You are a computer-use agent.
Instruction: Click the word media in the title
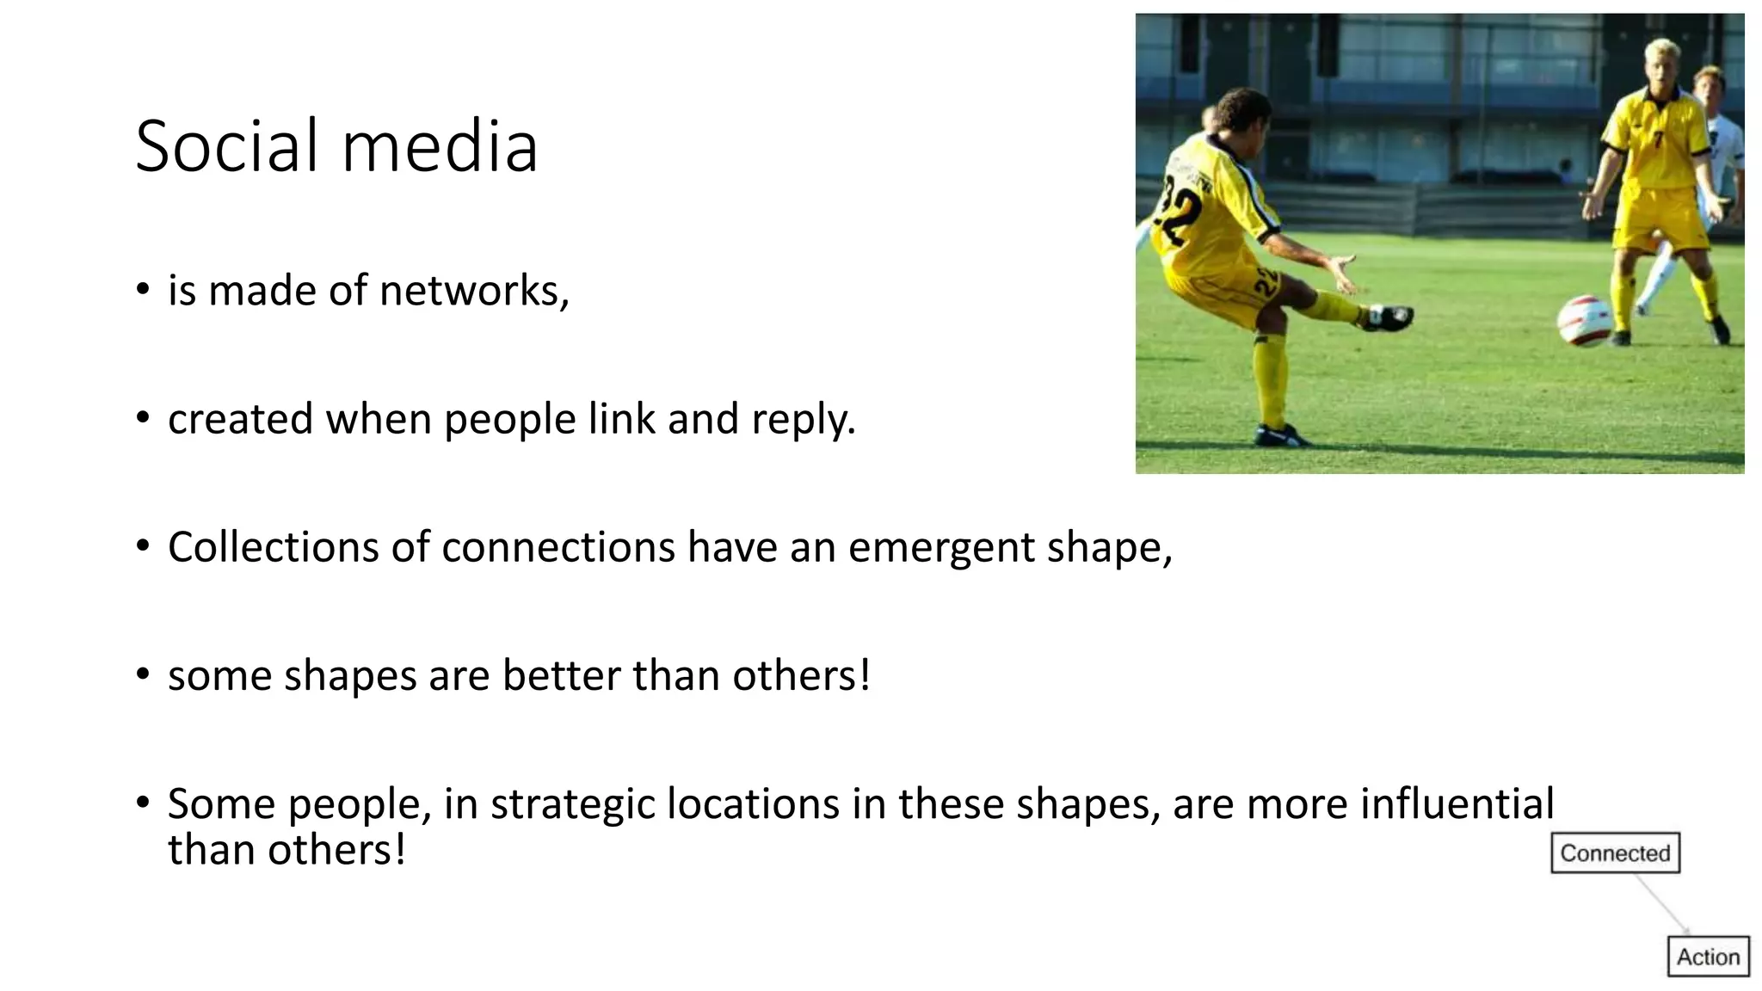[x=440, y=146]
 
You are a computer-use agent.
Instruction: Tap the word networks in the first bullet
[x=471, y=291]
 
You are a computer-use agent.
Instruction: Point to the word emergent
[x=941, y=548]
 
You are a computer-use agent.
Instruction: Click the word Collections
[x=274, y=548]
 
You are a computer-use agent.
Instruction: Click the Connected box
[x=1615, y=853]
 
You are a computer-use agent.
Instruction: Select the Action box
[x=1708, y=957]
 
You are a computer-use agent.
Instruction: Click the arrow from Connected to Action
[x=1660, y=903]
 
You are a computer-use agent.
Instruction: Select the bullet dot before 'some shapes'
[x=143, y=674]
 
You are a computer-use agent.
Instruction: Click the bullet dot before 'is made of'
[x=143, y=289]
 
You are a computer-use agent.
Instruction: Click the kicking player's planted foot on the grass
[x=1278, y=436]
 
